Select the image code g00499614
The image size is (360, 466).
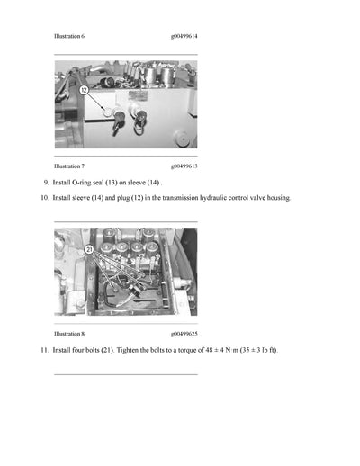pyautogui.click(x=184, y=36)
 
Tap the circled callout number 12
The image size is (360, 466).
pyautogui.click(x=84, y=91)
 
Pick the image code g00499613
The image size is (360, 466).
pyautogui.click(x=184, y=166)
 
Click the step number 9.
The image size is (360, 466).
pyautogui.click(x=46, y=182)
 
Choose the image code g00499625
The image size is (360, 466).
pyautogui.click(x=184, y=334)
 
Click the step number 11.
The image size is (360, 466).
pyautogui.click(x=45, y=349)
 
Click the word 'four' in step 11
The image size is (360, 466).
pyautogui.click(x=75, y=349)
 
